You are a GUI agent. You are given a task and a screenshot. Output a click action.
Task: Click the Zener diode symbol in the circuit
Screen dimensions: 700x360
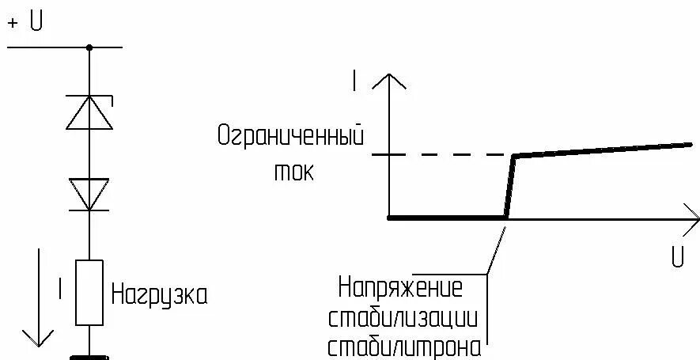coord(89,112)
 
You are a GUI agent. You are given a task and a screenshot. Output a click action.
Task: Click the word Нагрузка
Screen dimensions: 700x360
coord(159,295)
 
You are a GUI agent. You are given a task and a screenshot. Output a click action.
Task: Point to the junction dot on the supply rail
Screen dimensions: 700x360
coord(89,47)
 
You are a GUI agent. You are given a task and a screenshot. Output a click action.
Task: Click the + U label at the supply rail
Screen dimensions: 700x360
coord(25,22)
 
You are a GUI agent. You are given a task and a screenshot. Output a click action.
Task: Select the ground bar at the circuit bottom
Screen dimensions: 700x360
coord(89,356)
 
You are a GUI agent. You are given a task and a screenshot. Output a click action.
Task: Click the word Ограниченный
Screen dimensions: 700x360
coord(289,136)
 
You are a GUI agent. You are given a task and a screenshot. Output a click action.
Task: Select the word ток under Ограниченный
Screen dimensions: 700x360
coord(294,172)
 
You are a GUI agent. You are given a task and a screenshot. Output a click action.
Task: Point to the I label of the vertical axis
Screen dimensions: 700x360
coord(355,79)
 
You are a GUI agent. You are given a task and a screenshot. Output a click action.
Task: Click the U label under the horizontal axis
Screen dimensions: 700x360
coord(677,258)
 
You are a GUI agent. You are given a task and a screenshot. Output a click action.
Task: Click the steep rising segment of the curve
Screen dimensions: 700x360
coord(510,187)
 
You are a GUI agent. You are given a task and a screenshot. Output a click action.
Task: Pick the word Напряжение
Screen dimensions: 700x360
coord(399,286)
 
